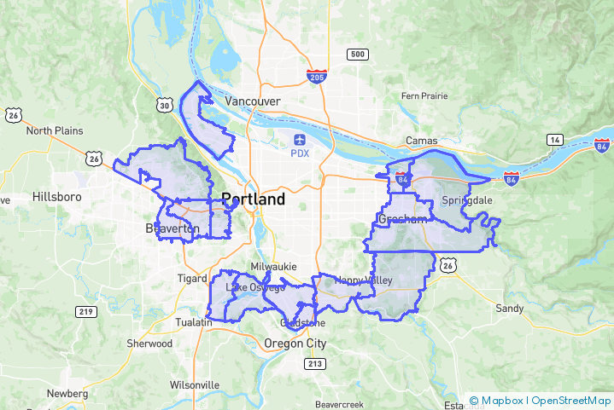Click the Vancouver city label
coord(252,101)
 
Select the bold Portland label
coord(253,199)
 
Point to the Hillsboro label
coord(56,196)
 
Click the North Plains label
coord(55,131)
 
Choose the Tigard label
coord(192,279)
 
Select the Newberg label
coord(67,394)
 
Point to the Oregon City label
coord(295,344)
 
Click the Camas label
coord(422,141)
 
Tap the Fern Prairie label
coord(424,96)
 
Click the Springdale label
coord(468,200)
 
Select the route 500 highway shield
coord(357,55)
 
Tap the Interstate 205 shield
coord(316,78)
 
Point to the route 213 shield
coord(314,364)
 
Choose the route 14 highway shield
coord(555,139)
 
